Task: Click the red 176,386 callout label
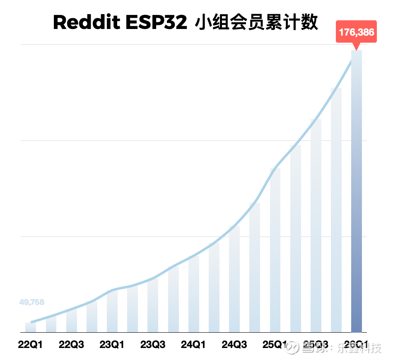click(x=356, y=32)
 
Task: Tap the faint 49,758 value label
click(x=32, y=302)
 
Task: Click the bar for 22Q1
click(x=31, y=327)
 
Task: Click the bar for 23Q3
click(x=153, y=306)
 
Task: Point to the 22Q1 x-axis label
click(x=30, y=345)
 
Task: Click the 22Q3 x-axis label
click(x=71, y=345)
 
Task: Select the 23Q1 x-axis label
click(x=112, y=345)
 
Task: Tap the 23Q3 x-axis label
click(x=153, y=345)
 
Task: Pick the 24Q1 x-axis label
click(x=193, y=345)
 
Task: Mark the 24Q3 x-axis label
click(x=234, y=345)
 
